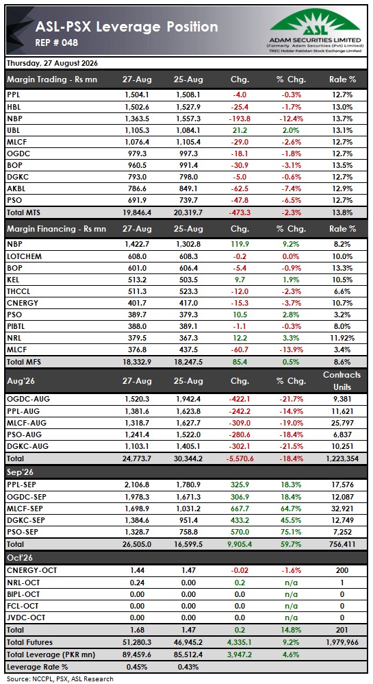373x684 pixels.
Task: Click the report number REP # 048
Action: pos(57,42)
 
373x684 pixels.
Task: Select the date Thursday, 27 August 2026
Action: pos(52,63)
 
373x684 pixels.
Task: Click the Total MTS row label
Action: pos(24,212)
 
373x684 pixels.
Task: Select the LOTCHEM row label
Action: pos(24,256)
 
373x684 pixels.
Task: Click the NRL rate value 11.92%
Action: pos(342,339)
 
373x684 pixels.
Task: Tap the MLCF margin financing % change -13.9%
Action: pos(291,350)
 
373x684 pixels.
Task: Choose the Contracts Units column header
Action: pos(342,381)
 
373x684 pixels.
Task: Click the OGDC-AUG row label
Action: pos(27,399)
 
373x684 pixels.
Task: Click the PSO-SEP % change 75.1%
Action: pos(291,533)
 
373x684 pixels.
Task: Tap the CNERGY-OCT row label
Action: pos(31,570)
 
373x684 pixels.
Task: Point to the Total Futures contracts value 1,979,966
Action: pos(342,642)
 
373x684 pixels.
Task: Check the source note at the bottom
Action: pos(60,679)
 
